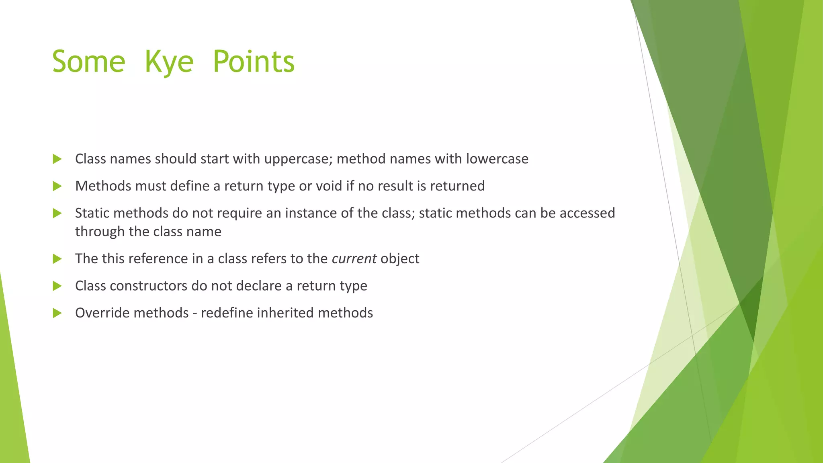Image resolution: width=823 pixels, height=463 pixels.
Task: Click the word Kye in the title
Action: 169,62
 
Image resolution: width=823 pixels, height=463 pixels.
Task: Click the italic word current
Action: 354,258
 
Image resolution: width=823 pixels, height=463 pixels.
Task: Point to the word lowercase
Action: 497,159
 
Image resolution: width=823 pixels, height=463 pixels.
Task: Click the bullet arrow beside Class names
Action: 57,159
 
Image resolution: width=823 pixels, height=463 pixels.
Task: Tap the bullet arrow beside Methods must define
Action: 57,186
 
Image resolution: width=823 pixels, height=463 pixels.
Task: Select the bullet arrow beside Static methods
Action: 57,213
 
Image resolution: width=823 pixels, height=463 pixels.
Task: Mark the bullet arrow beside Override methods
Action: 57,313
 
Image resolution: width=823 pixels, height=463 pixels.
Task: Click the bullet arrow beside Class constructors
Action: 57,286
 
